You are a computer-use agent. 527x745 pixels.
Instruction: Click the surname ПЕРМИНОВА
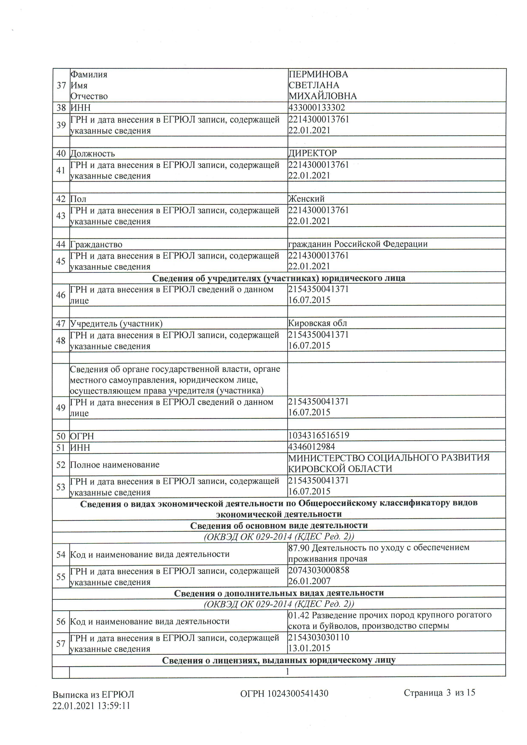coord(318,74)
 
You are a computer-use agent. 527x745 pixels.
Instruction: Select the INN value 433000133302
coord(316,107)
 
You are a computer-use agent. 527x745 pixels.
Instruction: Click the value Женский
coord(306,199)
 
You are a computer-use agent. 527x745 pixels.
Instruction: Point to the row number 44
coord(61,244)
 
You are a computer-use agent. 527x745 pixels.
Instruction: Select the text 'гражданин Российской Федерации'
coord(358,244)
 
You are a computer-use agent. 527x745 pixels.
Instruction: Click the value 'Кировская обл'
coord(317,323)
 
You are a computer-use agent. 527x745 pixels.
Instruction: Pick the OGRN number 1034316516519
coord(318,435)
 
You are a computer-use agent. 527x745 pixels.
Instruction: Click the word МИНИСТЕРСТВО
coord(326,458)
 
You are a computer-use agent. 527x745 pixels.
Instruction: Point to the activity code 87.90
coord(299,548)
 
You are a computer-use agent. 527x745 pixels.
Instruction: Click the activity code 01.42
coord(299,615)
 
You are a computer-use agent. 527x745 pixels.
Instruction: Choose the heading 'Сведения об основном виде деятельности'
coord(279,525)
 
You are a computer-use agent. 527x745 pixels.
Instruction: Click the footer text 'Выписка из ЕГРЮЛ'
coord(93,694)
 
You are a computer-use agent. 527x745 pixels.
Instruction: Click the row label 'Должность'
coord(92,153)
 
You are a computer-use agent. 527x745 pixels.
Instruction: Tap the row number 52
coord(61,465)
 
